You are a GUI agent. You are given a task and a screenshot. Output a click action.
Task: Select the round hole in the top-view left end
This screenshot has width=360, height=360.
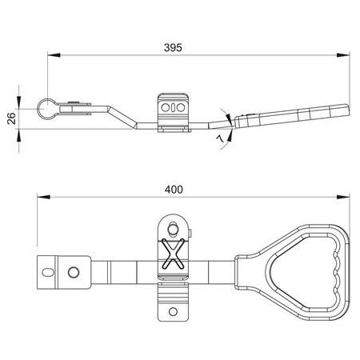tap(73, 272)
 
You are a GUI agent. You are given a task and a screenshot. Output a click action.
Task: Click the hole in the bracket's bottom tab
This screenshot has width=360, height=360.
tap(174, 310)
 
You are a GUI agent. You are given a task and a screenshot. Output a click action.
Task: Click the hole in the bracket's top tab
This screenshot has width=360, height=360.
tap(174, 224)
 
